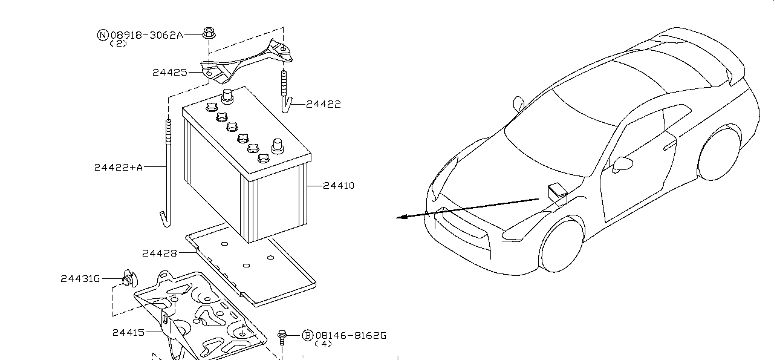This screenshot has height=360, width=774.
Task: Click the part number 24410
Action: [339, 186]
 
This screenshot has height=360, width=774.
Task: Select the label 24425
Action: [170, 72]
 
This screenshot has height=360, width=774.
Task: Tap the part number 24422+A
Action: [119, 168]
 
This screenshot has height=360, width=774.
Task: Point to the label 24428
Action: [159, 254]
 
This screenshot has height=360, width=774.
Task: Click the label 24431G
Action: [80, 279]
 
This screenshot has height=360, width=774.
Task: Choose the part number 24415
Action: [128, 333]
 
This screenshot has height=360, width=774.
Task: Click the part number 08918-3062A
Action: [147, 35]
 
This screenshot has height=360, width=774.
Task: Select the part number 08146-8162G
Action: [351, 335]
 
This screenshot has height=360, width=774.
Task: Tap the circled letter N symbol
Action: [103, 35]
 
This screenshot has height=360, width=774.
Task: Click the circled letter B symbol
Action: [307, 335]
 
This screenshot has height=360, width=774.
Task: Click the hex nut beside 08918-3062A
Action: [209, 33]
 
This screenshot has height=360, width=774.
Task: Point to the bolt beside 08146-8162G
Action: [282, 338]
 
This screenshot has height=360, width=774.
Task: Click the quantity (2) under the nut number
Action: [118, 44]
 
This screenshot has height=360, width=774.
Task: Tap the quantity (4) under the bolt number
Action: [324, 344]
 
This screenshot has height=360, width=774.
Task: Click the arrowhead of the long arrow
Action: [401, 217]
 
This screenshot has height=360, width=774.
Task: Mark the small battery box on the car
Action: [558, 194]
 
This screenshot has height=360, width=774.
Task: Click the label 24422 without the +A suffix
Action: [324, 104]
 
